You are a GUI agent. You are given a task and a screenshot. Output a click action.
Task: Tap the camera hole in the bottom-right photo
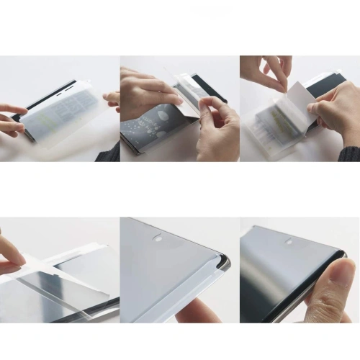pos(289,240)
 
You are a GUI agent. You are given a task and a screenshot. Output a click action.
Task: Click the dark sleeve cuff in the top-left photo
pos(109,152)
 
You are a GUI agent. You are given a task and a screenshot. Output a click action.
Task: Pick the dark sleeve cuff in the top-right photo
pos(350,153)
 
